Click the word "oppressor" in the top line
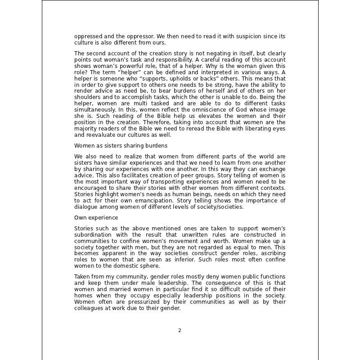129,36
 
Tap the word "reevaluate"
100,135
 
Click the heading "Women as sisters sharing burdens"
121,146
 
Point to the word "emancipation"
153,200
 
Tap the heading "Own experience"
96,218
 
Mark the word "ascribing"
271,254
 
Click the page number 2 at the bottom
180,330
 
